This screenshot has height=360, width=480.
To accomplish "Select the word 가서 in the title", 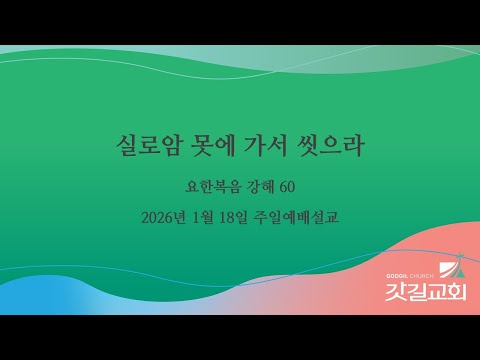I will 261,147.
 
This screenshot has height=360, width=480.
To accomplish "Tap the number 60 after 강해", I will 286,186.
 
